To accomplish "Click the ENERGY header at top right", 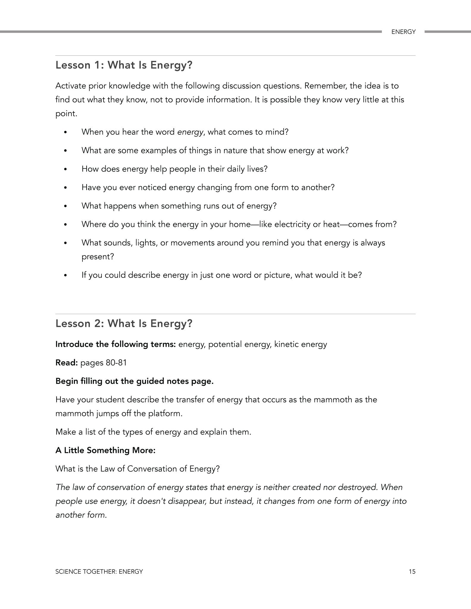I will tap(403, 32).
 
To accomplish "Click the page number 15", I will tap(412, 571).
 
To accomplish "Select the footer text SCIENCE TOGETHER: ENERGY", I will tap(99, 571).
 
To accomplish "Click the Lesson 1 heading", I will tap(124, 65).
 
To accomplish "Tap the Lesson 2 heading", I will tap(124, 324).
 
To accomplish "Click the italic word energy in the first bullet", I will tap(190, 132).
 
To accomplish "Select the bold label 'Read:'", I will tap(67, 363).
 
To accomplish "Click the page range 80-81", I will tap(116, 363).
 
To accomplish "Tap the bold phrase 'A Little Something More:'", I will tap(105, 450).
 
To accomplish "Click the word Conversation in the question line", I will tap(152, 469).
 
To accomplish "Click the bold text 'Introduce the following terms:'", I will tap(115, 344).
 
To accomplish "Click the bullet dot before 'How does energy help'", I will tap(65, 169).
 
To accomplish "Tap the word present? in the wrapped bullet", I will tap(98, 257).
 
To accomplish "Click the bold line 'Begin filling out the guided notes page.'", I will tap(134, 381).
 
